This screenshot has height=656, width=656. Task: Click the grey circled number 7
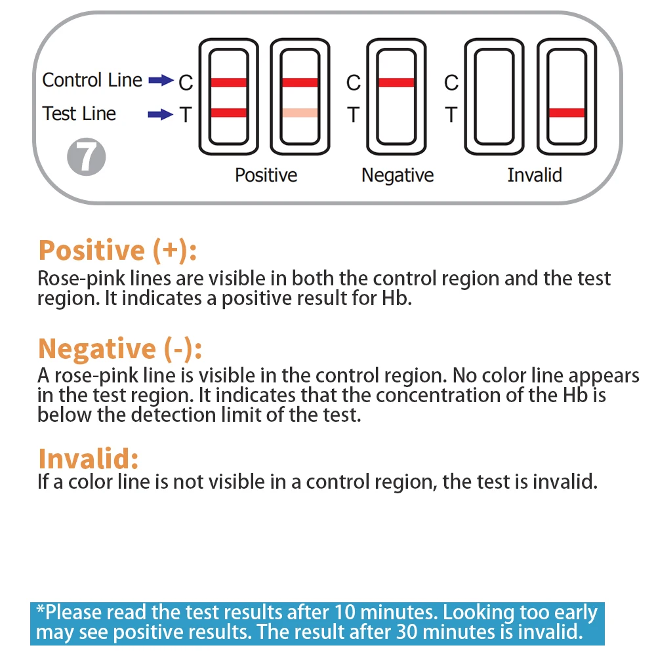[x=87, y=158]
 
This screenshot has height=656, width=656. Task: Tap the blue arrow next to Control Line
[x=160, y=81]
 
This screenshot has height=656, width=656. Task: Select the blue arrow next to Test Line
[x=160, y=115]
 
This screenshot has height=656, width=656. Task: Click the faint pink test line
[x=300, y=113]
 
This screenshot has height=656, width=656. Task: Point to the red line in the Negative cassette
[x=396, y=82]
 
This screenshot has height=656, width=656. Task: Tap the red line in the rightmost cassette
[x=566, y=113]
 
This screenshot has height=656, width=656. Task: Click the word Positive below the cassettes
[x=266, y=175]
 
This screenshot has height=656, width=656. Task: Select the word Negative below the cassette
[x=398, y=175]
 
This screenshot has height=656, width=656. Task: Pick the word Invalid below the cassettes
[x=535, y=175]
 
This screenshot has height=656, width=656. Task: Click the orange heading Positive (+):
[x=117, y=251]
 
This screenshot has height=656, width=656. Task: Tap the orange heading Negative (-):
[x=119, y=348]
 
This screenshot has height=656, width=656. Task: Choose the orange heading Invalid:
[x=89, y=458]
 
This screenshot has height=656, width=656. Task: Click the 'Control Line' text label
[x=92, y=80]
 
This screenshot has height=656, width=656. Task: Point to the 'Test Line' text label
[x=79, y=113]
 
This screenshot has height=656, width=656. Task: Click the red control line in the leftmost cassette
[x=229, y=82]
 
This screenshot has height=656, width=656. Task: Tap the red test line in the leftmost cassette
[x=229, y=113]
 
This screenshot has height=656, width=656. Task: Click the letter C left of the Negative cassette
[x=354, y=83]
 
